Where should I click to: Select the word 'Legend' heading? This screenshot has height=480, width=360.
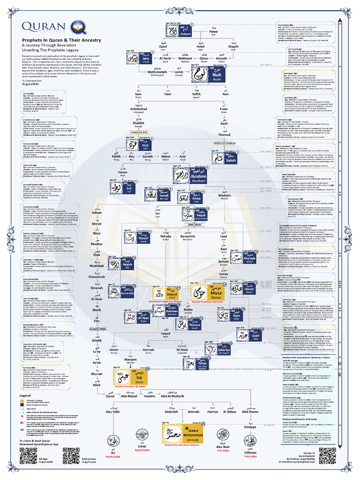tap(25, 396)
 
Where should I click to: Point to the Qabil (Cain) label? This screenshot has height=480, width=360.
tap(150, 47)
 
